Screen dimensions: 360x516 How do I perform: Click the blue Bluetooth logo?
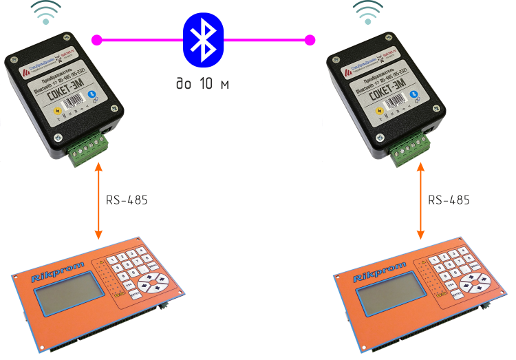(202, 40)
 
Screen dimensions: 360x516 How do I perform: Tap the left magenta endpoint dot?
(96, 39)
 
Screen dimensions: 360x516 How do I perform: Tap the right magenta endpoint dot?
(310, 39)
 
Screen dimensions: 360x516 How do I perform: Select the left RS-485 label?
(127, 200)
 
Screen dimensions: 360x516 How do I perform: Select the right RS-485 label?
(449, 200)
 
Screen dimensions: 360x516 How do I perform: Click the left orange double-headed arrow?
(98, 200)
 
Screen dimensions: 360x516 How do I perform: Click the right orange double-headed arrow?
(420, 200)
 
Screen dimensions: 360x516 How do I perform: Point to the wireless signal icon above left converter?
(46, 12)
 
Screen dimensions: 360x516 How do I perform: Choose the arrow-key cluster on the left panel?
(151, 282)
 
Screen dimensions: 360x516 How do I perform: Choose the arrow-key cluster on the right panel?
(473, 282)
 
